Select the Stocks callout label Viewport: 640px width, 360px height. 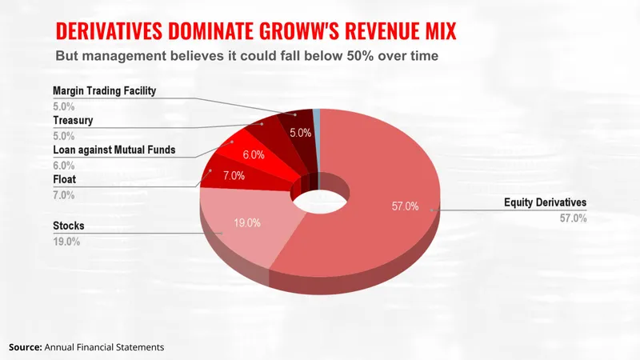point(69,226)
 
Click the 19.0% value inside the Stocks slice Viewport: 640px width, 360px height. point(246,223)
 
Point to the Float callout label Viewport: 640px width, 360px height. point(65,178)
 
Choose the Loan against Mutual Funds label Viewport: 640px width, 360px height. point(114,149)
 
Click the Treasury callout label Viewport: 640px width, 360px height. point(74,120)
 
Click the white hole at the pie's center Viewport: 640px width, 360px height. point(319,195)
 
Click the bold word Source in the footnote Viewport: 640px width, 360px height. point(25,347)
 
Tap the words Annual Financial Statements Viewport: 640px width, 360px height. point(104,347)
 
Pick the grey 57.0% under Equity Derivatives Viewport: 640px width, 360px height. point(573,218)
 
